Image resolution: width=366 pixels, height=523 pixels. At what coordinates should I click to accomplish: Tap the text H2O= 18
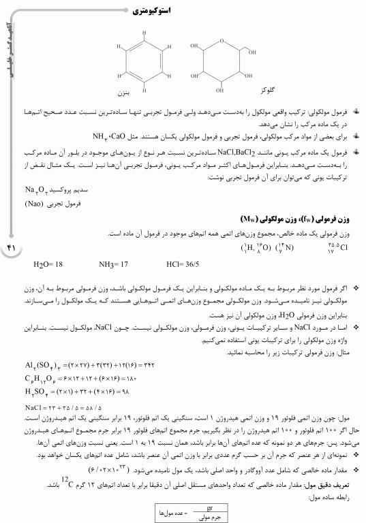[x=48, y=263]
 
